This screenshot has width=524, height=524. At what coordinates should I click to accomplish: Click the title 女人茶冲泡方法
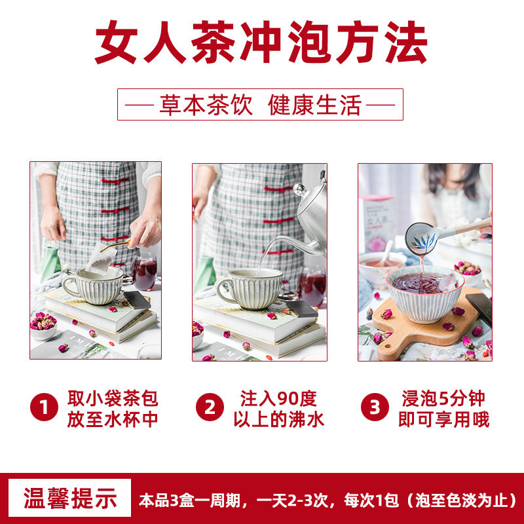pos(261,42)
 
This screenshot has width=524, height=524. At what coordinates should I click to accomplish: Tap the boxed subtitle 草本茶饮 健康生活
pos(260,105)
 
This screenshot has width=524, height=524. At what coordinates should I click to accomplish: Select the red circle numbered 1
pos(44,407)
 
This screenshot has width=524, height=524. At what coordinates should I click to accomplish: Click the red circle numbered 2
pos(210,407)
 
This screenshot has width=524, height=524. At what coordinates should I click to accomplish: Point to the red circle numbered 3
pos(375,407)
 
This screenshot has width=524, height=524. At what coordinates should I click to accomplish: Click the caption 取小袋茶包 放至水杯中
pos(113,408)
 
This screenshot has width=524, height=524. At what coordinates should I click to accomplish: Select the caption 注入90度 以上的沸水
pos(279,408)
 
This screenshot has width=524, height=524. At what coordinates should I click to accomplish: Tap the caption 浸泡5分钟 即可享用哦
pos(444,408)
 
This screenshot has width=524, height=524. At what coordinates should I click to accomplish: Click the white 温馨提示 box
pos(70,498)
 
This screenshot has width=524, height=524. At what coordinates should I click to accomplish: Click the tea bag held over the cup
pos(101,258)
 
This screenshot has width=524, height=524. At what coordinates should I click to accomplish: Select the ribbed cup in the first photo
pos(94,286)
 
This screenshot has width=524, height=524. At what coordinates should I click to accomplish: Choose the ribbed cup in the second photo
pos(249,288)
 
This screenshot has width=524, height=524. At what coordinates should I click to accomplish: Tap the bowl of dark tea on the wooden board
pos(425,294)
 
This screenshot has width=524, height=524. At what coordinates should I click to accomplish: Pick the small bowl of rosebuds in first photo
pos(43,326)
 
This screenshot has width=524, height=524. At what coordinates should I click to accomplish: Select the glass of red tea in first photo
pos(144,273)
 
